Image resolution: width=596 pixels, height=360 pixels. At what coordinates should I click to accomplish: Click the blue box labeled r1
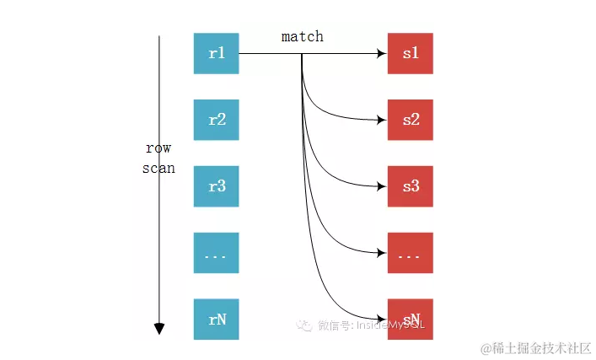(217, 53)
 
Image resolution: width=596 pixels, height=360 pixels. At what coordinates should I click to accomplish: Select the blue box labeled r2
(217, 120)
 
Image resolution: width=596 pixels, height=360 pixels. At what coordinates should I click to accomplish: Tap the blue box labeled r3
(217, 186)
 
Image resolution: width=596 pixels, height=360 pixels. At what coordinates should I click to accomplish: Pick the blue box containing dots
(217, 253)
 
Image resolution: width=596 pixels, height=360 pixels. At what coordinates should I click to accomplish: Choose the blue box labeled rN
(217, 320)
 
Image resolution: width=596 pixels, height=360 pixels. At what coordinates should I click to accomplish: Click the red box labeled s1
(411, 53)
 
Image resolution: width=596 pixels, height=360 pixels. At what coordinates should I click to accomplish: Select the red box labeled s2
(411, 120)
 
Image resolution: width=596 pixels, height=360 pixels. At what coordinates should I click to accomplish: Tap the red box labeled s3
(411, 186)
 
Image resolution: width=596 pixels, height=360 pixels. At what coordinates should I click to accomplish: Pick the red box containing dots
(411, 253)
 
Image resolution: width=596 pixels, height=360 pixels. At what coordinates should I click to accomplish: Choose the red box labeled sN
(411, 320)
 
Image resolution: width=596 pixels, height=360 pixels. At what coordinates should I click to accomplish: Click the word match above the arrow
(302, 36)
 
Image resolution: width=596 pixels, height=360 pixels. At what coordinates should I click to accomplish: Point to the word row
(158, 148)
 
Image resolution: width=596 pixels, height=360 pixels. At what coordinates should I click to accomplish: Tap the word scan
(158, 168)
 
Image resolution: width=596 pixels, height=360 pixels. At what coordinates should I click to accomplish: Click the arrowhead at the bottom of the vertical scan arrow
(158, 329)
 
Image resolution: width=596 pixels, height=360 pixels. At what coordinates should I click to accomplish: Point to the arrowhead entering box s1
(382, 54)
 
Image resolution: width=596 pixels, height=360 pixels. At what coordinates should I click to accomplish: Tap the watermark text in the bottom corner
(536, 347)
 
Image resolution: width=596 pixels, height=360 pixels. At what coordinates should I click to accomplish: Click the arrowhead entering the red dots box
(382, 251)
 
